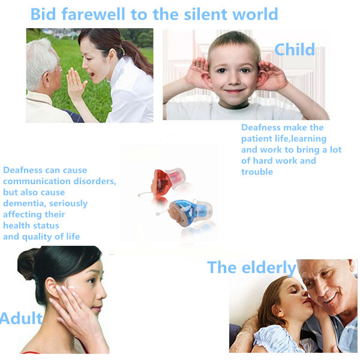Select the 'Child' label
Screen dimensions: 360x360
[295, 49]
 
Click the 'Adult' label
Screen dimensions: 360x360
[21, 318]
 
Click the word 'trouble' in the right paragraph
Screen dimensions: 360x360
[257, 172]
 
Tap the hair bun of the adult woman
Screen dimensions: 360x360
[28, 263]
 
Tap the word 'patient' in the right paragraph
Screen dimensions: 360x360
[257, 139]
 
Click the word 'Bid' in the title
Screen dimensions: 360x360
[43, 14]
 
